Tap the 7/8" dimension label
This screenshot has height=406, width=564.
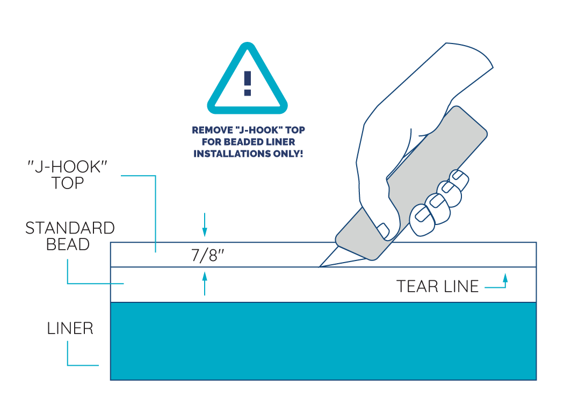207,255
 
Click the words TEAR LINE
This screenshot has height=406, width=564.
437,286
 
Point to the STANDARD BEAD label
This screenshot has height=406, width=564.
70,236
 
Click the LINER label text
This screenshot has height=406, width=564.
70,328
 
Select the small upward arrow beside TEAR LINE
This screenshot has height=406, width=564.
504,278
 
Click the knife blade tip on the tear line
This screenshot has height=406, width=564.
321,265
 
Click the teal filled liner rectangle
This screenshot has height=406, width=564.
322,341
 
